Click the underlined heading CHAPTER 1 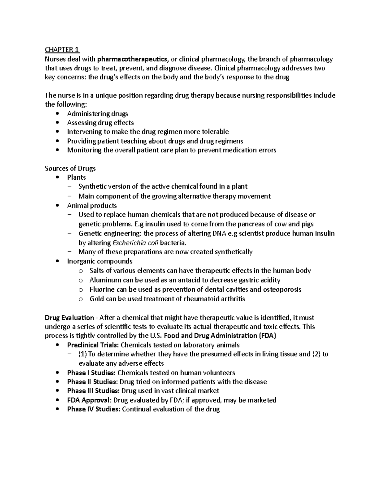(62, 50)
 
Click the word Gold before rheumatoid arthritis (97, 299)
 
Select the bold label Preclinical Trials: (93, 345)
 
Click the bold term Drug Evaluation (69, 318)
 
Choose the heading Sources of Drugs (70, 168)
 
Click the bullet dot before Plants (57, 177)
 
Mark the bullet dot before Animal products (57, 206)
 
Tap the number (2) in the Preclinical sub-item (316, 354)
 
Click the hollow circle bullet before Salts (80, 271)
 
